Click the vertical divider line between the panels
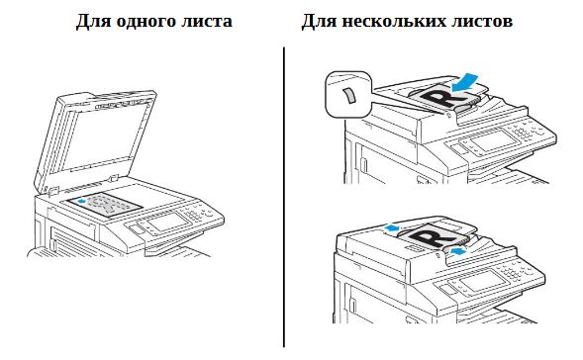click(284, 197)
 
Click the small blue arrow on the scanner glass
click(82, 201)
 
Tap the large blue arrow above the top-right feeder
click(464, 82)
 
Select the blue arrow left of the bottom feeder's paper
click(392, 226)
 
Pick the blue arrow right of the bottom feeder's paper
click(457, 251)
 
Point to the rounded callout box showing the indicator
click(348, 94)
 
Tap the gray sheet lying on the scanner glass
click(105, 205)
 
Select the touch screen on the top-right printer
click(494, 140)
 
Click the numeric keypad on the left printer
click(193, 215)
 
